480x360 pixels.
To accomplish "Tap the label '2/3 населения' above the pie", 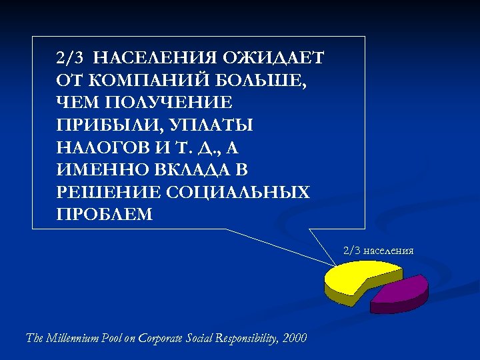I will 378,251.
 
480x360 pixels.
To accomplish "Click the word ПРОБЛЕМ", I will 105,215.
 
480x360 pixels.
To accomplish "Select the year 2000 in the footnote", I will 295,338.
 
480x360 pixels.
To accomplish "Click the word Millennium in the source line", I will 73,338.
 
